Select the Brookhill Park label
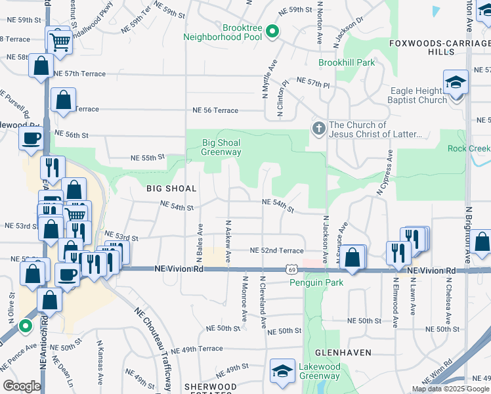click(347, 63)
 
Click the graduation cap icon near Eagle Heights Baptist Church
click(455, 82)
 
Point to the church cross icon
click(318, 128)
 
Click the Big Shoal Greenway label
click(221, 147)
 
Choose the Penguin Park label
click(312, 282)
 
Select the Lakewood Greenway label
click(317, 371)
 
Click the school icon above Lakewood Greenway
click(282, 370)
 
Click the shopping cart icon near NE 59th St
click(60, 41)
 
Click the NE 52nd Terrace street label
click(276, 250)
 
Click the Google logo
click(22, 386)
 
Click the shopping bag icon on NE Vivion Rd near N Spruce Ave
click(353, 258)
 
